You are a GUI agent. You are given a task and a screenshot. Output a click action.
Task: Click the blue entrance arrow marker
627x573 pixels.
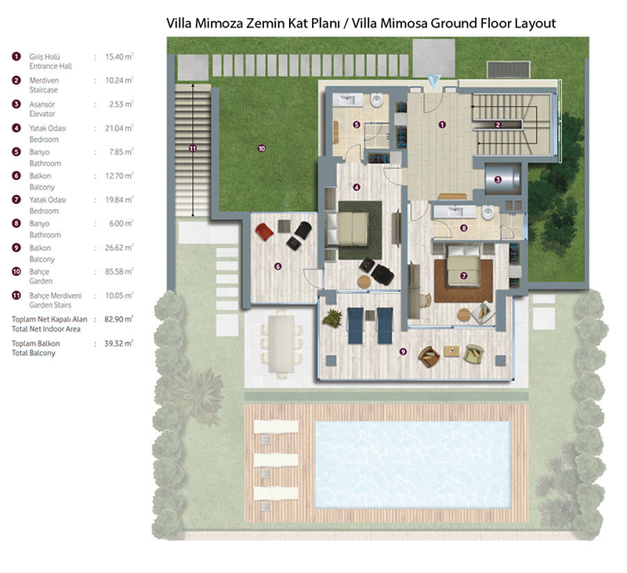click(x=433, y=82)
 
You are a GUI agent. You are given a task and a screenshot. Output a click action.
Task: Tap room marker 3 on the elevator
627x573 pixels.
click(x=498, y=180)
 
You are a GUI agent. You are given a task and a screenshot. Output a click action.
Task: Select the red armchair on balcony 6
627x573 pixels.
click(x=264, y=232)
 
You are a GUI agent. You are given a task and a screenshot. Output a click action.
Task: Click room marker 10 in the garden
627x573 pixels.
click(x=262, y=148)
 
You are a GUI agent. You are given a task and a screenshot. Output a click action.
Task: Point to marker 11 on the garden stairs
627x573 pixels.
click(x=193, y=148)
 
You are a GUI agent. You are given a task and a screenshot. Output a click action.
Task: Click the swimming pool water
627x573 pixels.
click(x=414, y=464)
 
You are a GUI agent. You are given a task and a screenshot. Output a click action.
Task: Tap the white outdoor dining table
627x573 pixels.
click(x=281, y=343)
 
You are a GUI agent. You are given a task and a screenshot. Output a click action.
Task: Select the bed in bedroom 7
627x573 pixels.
click(x=464, y=266)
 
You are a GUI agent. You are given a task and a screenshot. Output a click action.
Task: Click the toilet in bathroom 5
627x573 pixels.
click(x=377, y=100)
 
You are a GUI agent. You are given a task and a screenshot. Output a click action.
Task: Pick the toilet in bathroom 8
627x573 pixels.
click(x=487, y=212)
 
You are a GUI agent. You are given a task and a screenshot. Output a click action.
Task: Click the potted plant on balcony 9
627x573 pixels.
click(x=332, y=318)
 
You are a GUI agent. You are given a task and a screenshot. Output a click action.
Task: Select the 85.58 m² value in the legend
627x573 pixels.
click(x=119, y=271)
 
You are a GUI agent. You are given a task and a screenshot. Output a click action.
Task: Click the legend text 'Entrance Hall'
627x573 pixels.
click(x=50, y=67)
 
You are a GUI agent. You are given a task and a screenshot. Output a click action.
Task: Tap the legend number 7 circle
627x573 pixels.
click(x=16, y=199)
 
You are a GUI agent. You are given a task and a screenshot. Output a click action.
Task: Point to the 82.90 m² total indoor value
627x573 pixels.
click(x=119, y=319)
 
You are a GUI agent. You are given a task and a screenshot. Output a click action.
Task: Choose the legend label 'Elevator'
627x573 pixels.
click(x=42, y=114)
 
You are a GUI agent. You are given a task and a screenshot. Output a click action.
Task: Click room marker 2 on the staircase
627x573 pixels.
click(x=498, y=125)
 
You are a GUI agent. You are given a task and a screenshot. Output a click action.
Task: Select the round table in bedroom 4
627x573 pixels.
click(x=364, y=282)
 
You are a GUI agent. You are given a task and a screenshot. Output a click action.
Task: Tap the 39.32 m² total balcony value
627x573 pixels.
click(x=119, y=343)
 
